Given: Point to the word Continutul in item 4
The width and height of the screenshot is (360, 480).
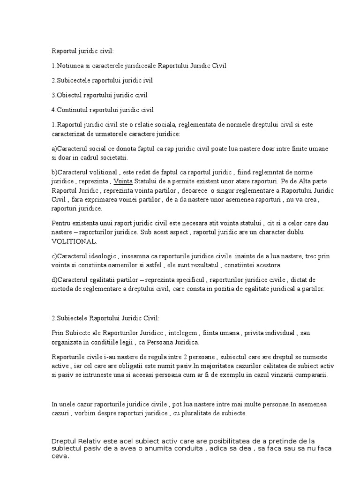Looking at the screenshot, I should click(x=73, y=110).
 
